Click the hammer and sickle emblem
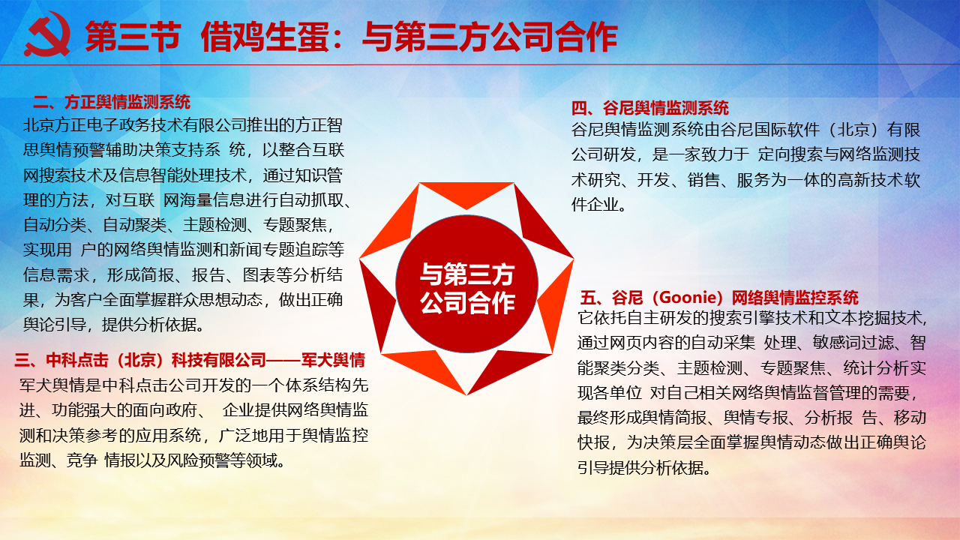tap(47, 34)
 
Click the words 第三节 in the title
tap(133, 37)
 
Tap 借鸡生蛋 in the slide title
tap(265, 37)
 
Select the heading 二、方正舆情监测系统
tap(112, 102)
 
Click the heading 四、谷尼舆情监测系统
tap(649, 108)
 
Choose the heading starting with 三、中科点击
tap(190, 360)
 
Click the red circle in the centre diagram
tap(466, 283)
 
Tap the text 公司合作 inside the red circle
tap(467, 302)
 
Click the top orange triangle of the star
tap(466, 194)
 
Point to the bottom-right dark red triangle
tap(509, 368)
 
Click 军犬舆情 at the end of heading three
tap(333, 360)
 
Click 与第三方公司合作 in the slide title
tap(490, 37)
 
